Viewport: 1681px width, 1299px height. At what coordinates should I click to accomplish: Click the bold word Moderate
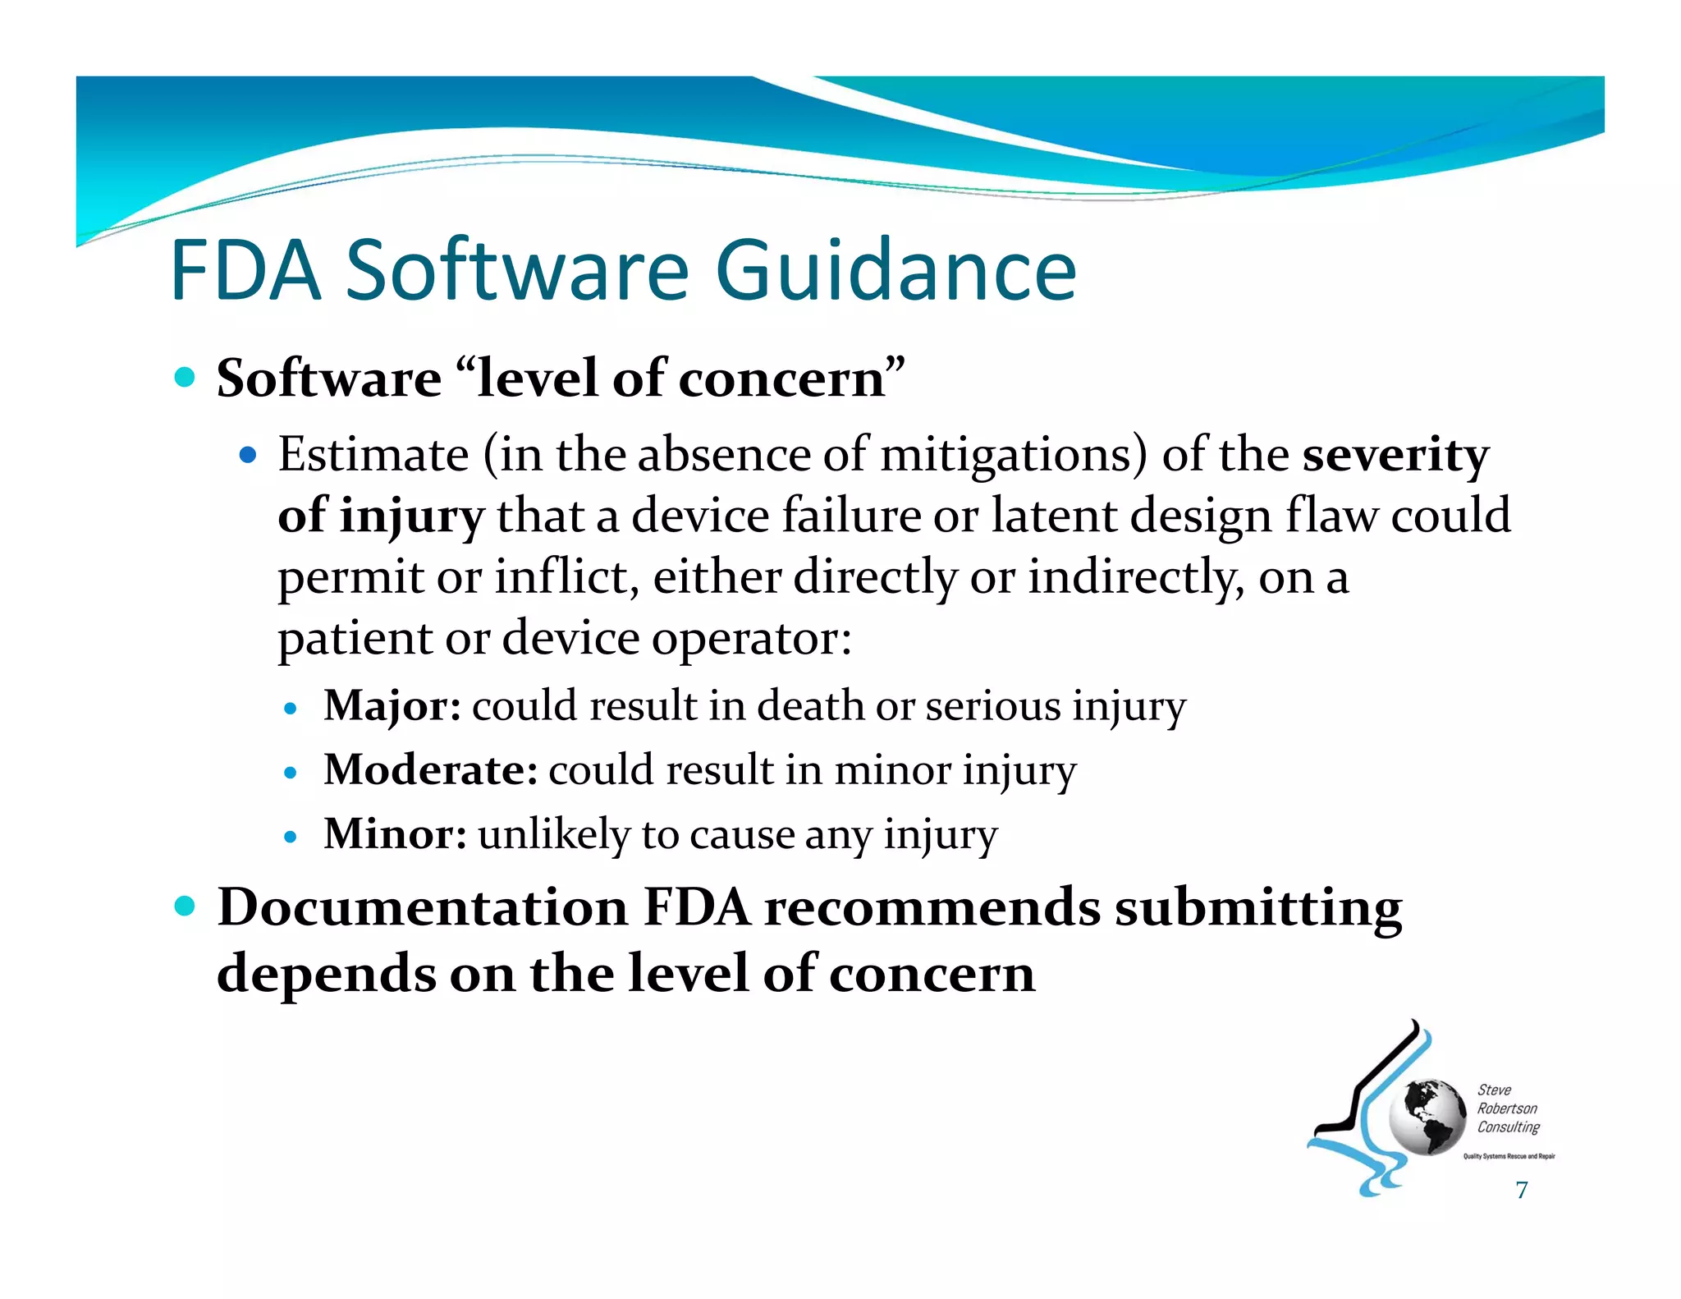[430, 770]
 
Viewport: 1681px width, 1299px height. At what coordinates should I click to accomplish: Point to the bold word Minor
[395, 834]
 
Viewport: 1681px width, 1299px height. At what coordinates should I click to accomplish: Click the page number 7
[1521, 1190]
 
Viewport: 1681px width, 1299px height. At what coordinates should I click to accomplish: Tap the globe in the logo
[1427, 1118]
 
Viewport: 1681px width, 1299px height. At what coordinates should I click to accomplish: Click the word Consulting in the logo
[1508, 1127]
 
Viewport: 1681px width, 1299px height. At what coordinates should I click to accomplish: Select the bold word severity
[1395, 455]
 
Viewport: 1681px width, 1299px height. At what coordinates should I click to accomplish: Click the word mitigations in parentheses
[1006, 455]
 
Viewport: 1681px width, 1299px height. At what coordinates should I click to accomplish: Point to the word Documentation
[422, 908]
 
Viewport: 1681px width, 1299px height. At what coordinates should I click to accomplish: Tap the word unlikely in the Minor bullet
[553, 834]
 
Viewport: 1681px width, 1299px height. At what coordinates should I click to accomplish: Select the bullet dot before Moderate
[289, 773]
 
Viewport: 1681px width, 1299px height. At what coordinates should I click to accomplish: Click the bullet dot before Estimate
[248, 455]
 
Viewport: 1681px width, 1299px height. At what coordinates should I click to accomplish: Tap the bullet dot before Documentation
[186, 907]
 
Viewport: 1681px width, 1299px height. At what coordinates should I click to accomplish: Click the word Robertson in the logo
[1507, 1109]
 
